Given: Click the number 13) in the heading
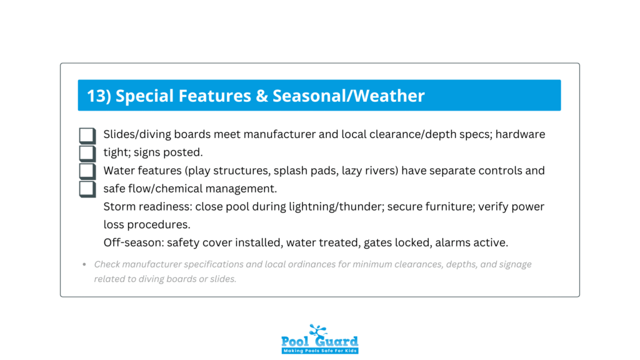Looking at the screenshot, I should click(x=99, y=96).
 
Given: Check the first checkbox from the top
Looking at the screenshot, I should click(x=87, y=136).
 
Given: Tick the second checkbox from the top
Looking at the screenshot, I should click(x=87, y=153).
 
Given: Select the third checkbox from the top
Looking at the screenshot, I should click(x=87, y=171).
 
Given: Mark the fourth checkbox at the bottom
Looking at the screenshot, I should click(x=87, y=189).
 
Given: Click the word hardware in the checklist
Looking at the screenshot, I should click(x=520, y=134).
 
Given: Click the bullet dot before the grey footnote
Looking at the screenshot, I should click(x=84, y=264).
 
